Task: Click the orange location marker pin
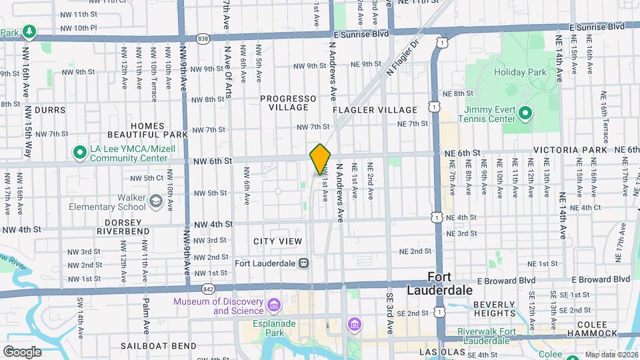[320, 159]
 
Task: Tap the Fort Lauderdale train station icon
[303, 263]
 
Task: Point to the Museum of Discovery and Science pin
[273, 305]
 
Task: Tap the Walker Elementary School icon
[155, 201]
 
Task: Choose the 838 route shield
[203, 39]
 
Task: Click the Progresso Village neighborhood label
[284, 103]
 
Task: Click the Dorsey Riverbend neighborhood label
[123, 226]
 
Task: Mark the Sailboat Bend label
[159, 346]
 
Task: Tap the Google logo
[22, 351]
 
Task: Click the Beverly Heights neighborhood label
[493, 309]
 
